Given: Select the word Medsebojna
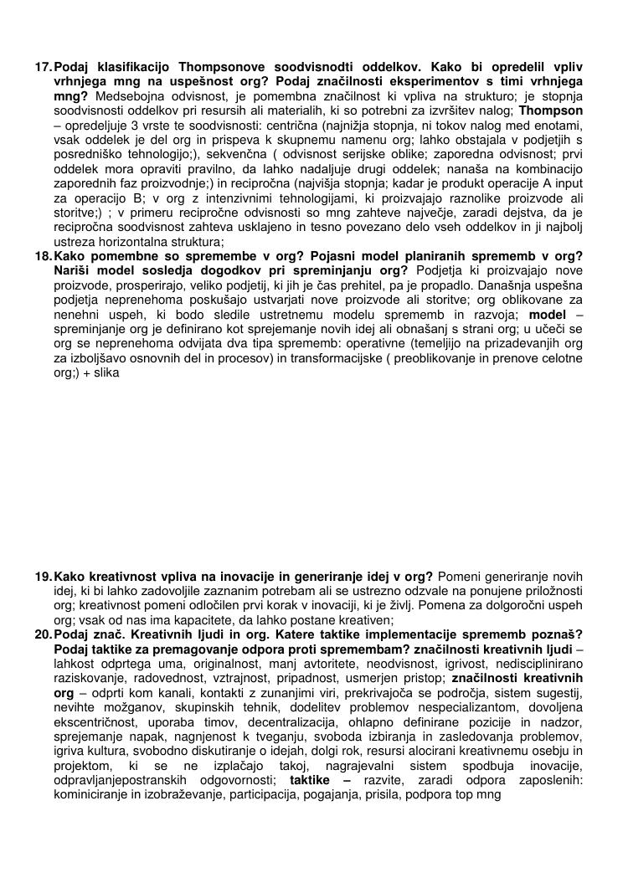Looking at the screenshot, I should coord(126,95).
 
